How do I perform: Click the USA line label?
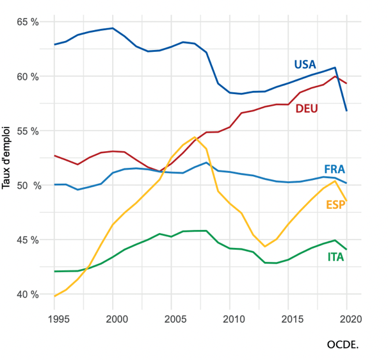[x=305, y=64]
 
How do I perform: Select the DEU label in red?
[x=307, y=108]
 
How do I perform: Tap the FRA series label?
[x=334, y=169]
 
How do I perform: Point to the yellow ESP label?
[x=335, y=204]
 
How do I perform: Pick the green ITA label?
[x=336, y=258]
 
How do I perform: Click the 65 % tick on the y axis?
[x=28, y=22]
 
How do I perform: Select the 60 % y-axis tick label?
[x=28, y=77]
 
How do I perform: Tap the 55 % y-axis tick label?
[x=28, y=131]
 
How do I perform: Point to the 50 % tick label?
[x=28, y=186]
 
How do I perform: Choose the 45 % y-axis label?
[x=28, y=240]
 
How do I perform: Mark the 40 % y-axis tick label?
[x=28, y=295]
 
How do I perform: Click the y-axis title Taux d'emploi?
[x=8, y=158]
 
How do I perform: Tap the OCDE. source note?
[x=343, y=344]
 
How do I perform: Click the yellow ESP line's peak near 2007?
[x=195, y=137]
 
